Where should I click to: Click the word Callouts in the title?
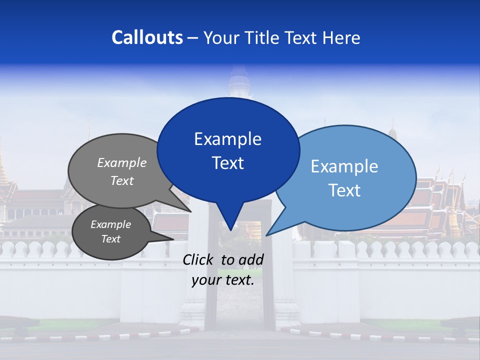pyautogui.click(x=147, y=37)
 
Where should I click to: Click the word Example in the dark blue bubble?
pyautogui.click(x=227, y=138)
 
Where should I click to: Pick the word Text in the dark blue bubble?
pyautogui.click(x=227, y=163)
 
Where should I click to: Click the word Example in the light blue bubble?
pyautogui.click(x=344, y=166)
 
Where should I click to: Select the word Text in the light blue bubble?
pyautogui.click(x=344, y=190)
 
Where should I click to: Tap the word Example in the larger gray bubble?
pyautogui.click(x=121, y=162)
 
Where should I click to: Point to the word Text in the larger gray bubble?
pyautogui.click(x=121, y=180)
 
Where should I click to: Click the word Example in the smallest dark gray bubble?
pyautogui.click(x=110, y=224)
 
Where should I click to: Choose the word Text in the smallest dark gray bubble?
pyautogui.click(x=110, y=239)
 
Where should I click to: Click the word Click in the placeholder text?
pyautogui.click(x=199, y=259)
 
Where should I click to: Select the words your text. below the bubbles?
pyautogui.click(x=223, y=280)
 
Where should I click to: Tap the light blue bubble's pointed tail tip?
pyautogui.click(x=266, y=235)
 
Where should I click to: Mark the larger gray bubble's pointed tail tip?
pyautogui.click(x=190, y=211)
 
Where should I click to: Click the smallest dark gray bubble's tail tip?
pyautogui.click(x=172, y=240)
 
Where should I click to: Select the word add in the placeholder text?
pyautogui.click(x=251, y=259)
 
